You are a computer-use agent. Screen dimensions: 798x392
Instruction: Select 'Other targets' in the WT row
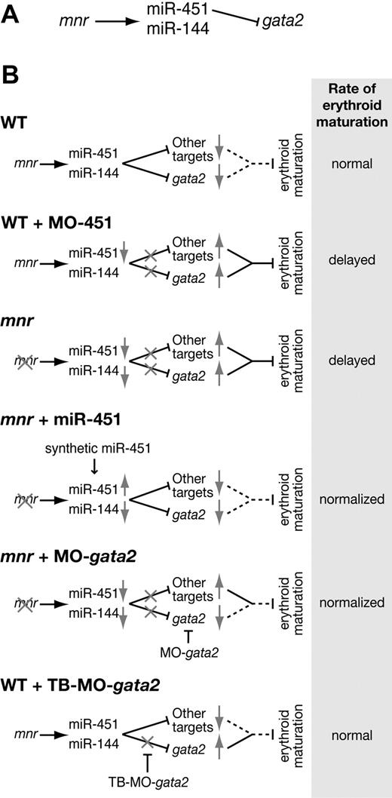(x=188, y=150)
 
